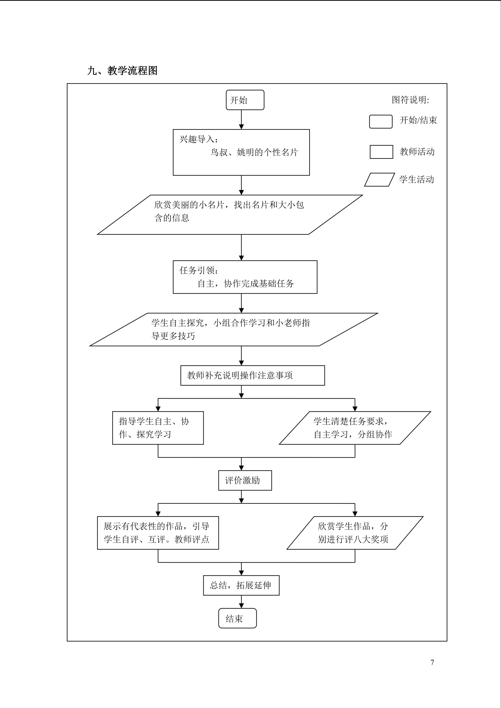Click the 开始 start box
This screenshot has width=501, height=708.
(x=245, y=100)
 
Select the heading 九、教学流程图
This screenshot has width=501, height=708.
(x=122, y=71)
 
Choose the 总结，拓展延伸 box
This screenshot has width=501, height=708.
(x=241, y=585)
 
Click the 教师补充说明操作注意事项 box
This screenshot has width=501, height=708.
(x=253, y=375)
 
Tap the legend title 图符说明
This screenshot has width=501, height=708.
(x=410, y=100)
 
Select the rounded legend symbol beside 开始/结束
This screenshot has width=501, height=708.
(x=381, y=122)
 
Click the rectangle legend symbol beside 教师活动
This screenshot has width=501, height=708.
(x=381, y=152)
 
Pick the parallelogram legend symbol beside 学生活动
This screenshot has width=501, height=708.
(x=379, y=180)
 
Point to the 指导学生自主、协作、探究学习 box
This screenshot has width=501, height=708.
(x=158, y=428)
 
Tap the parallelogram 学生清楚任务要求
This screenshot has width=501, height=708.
(x=355, y=428)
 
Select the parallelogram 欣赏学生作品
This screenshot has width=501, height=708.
(x=355, y=533)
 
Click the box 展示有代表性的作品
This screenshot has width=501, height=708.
(x=158, y=533)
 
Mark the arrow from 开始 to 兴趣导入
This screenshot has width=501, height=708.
(x=242, y=120)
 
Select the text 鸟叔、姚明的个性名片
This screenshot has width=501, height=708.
(x=254, y=152)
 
